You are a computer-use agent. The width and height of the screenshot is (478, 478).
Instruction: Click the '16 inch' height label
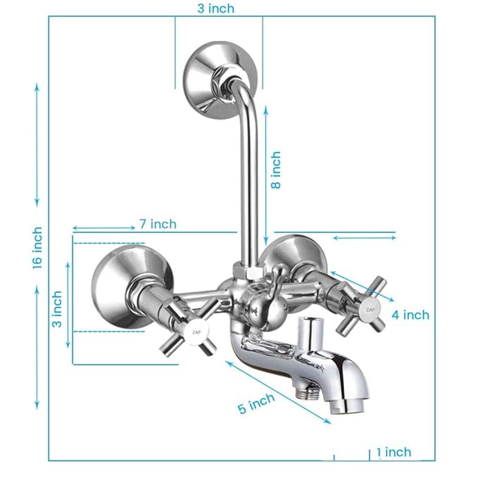point(37,247)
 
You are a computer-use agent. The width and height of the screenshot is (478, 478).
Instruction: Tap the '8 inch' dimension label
point(276,170)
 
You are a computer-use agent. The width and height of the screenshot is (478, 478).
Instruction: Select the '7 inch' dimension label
point(157,224)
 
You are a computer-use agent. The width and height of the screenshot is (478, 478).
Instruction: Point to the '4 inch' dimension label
point(410,315)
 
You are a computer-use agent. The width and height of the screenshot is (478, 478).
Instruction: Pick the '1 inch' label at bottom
point(394,452)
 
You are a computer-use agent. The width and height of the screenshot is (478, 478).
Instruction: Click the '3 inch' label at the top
point(215,8)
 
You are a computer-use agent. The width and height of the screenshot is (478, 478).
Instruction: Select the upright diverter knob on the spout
point(310,332)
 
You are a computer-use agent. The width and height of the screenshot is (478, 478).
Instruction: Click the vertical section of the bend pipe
point(249,183)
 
